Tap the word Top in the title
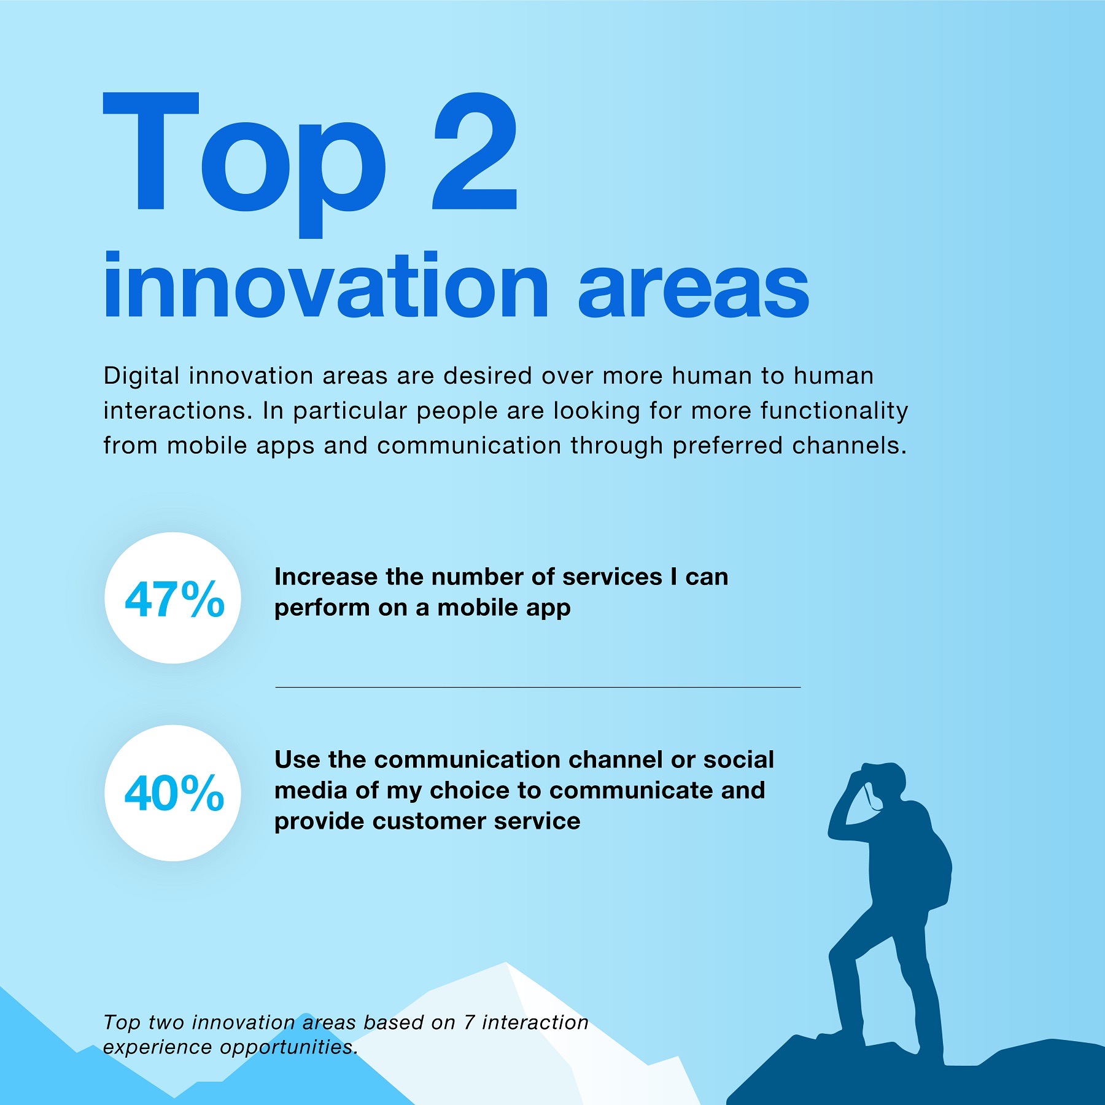[x=244, y=165]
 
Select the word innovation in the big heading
[x=326, y=285]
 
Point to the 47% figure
[x=174, y=599]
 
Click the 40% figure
[x=174, y=793]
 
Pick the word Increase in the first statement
[x=326, y=576]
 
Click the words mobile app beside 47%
[x=504, y=608]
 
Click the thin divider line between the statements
[x=538, y=687]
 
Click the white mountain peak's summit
[x=506, y=963]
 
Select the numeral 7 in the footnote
[x=469, y=1022]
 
